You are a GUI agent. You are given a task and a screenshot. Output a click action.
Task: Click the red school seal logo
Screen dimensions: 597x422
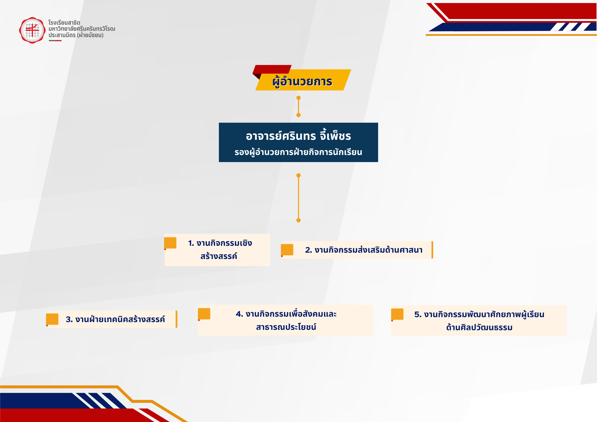(32, 30)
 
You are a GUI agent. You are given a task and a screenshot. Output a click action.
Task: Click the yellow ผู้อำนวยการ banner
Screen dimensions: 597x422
(303, 80)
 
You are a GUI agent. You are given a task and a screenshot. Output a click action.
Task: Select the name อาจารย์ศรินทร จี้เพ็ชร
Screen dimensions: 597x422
(298, 136)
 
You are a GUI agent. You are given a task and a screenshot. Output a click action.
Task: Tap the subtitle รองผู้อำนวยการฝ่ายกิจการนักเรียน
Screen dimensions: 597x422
(298, 152)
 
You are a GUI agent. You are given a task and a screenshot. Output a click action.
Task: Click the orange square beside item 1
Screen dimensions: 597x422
(170, 243)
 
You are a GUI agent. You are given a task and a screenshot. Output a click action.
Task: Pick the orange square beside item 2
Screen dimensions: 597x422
(287, 250)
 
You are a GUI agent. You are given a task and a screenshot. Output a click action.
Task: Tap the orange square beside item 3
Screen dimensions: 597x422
(52, 319)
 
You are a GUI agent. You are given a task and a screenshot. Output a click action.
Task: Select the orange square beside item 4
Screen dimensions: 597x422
(204, 314)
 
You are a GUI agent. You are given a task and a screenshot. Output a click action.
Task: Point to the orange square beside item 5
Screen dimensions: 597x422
(397, 314)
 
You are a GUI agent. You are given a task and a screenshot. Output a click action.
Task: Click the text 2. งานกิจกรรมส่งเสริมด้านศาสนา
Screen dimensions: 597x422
(364, 250)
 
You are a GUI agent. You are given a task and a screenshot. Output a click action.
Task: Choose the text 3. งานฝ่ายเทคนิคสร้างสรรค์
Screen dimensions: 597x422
(115, 319)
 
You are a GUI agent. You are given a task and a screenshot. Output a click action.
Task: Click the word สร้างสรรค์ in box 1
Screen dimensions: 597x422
(219, 256)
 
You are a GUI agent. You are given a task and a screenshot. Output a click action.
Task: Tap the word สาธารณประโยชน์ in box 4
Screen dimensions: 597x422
(286, 327)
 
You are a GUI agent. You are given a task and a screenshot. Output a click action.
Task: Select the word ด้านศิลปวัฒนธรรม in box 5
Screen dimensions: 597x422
(479, 327)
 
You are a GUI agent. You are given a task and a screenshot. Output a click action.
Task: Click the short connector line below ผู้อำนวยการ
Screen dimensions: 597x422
(298, 106)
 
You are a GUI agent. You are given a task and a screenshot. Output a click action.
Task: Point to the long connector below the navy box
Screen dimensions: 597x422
(298, 198)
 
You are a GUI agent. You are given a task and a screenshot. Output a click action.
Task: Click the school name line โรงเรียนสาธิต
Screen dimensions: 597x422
(64, 23)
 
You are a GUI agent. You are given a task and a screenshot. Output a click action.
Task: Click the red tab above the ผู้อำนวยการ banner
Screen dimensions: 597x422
(272, 69)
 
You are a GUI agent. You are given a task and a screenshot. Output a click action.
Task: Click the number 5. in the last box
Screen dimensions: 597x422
(418, 314)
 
